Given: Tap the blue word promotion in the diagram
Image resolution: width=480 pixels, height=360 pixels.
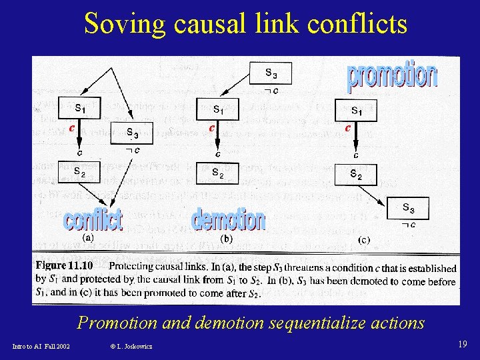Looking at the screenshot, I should point(391,76).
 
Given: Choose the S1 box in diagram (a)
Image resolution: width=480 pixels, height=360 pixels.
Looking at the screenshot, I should point(79,109).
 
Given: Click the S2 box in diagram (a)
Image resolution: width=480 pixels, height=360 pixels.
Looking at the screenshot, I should point(79,172).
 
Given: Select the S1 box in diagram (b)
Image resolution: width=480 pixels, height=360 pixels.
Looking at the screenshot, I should point(217,109).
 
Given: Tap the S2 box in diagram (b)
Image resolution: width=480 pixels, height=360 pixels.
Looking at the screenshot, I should point(217,172).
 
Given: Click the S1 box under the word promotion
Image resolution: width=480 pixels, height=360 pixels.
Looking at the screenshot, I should point(356,110).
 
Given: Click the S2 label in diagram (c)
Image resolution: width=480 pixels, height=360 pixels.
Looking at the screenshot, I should point(356,175).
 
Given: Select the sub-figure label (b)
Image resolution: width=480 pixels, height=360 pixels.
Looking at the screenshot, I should point(226,238).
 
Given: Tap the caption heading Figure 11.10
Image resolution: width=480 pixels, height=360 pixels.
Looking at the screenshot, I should point(64,265).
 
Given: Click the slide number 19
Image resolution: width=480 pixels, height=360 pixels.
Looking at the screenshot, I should point(462,344).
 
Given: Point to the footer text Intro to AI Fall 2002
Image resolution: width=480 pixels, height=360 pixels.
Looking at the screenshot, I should point(41,346).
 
